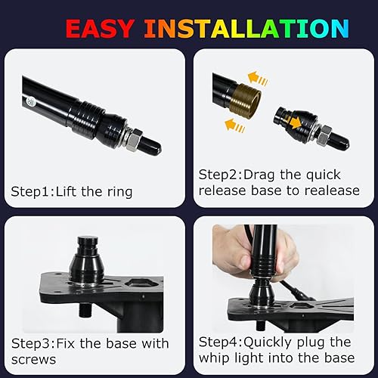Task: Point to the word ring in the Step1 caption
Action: (x=119, y=192)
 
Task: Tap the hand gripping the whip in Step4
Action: (x=249, y=253)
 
